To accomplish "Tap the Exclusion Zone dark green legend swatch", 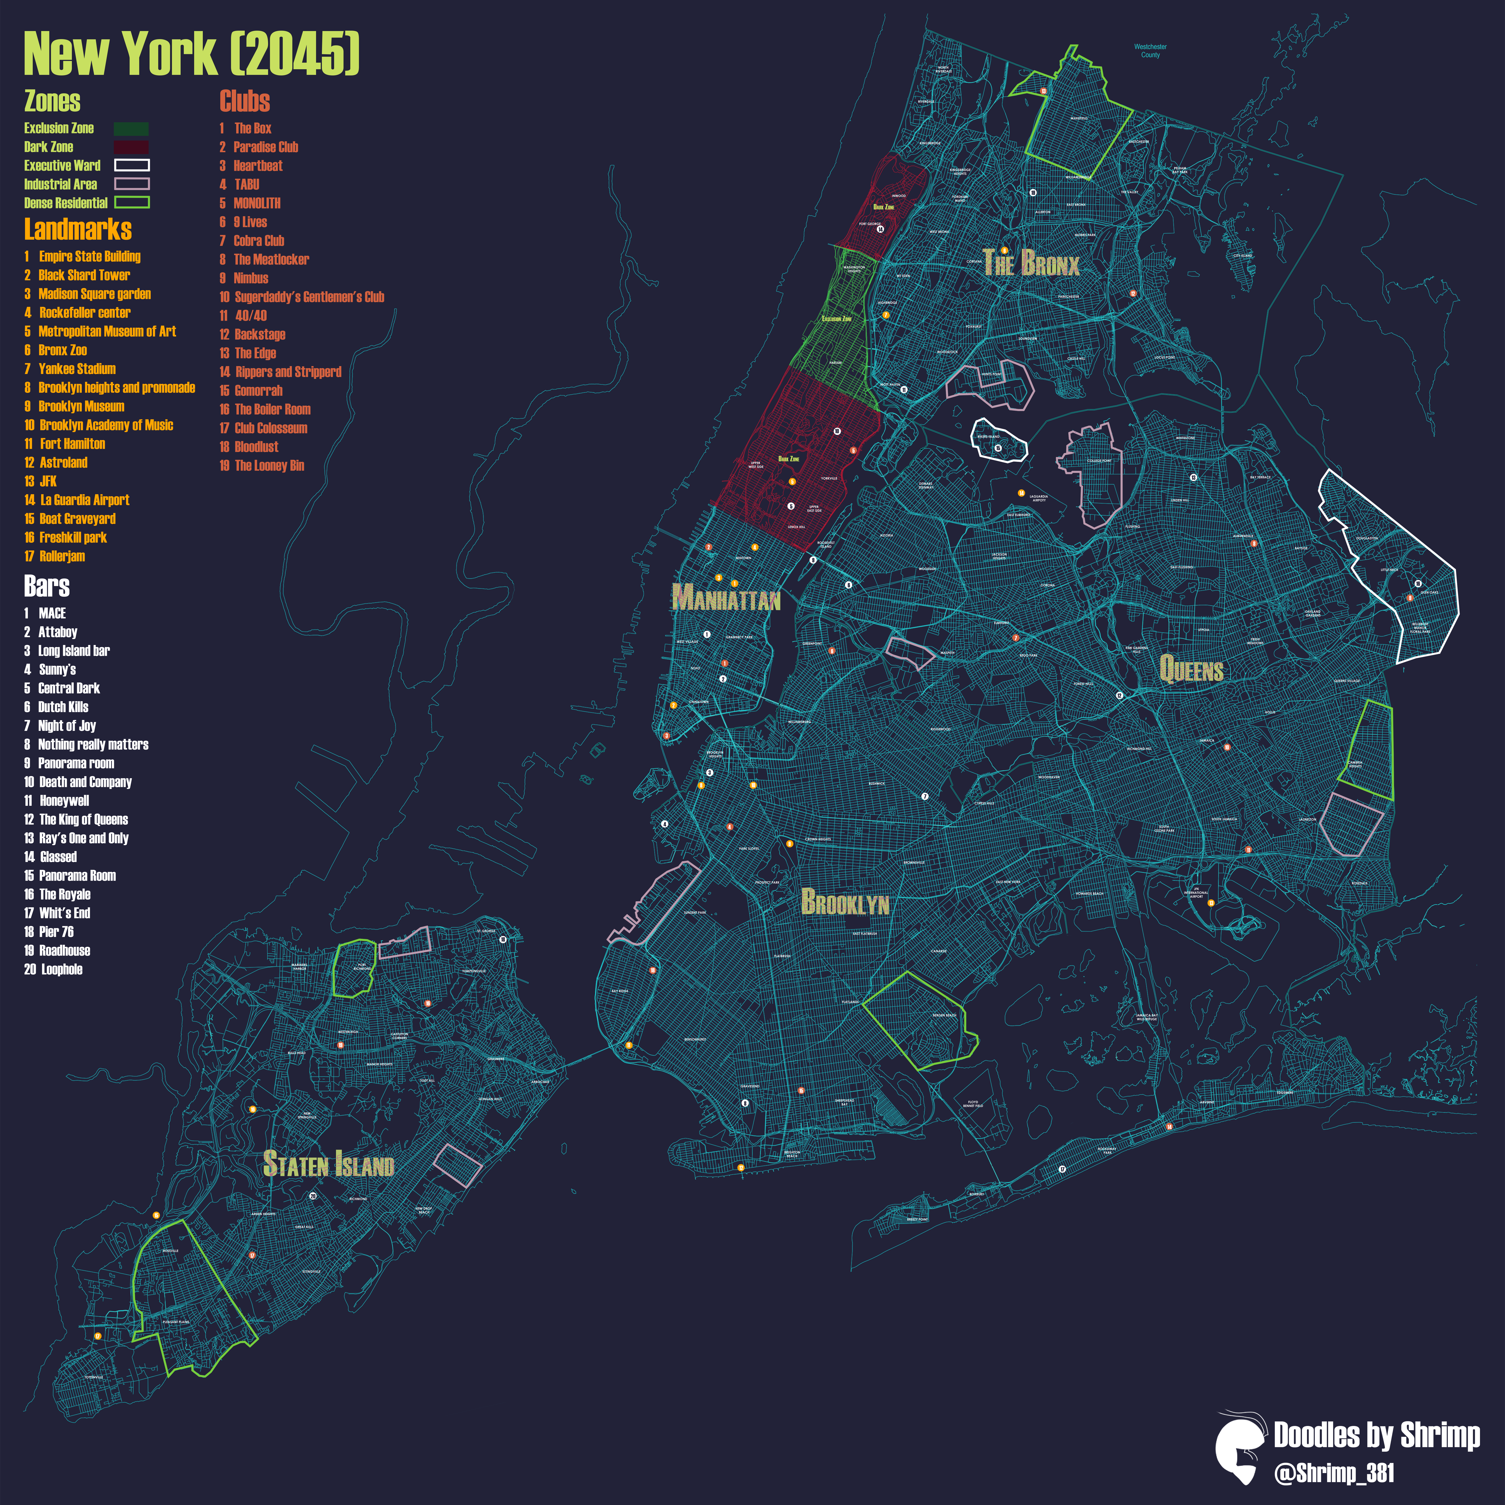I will point(131,128).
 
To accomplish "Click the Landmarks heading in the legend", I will point(78,229).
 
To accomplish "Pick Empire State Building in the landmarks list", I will point(90,256).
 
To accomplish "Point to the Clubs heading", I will point(245,101).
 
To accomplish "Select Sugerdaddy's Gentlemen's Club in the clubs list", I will point(309,297).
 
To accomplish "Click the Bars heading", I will point(47,586).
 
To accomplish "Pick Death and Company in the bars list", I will point(85,782).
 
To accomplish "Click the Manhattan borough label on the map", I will point(726,598).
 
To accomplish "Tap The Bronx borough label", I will point(1031,263).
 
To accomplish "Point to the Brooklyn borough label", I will point(845,902).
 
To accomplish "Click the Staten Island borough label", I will point(329,1164).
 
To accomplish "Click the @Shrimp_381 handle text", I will point(1334,1473).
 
